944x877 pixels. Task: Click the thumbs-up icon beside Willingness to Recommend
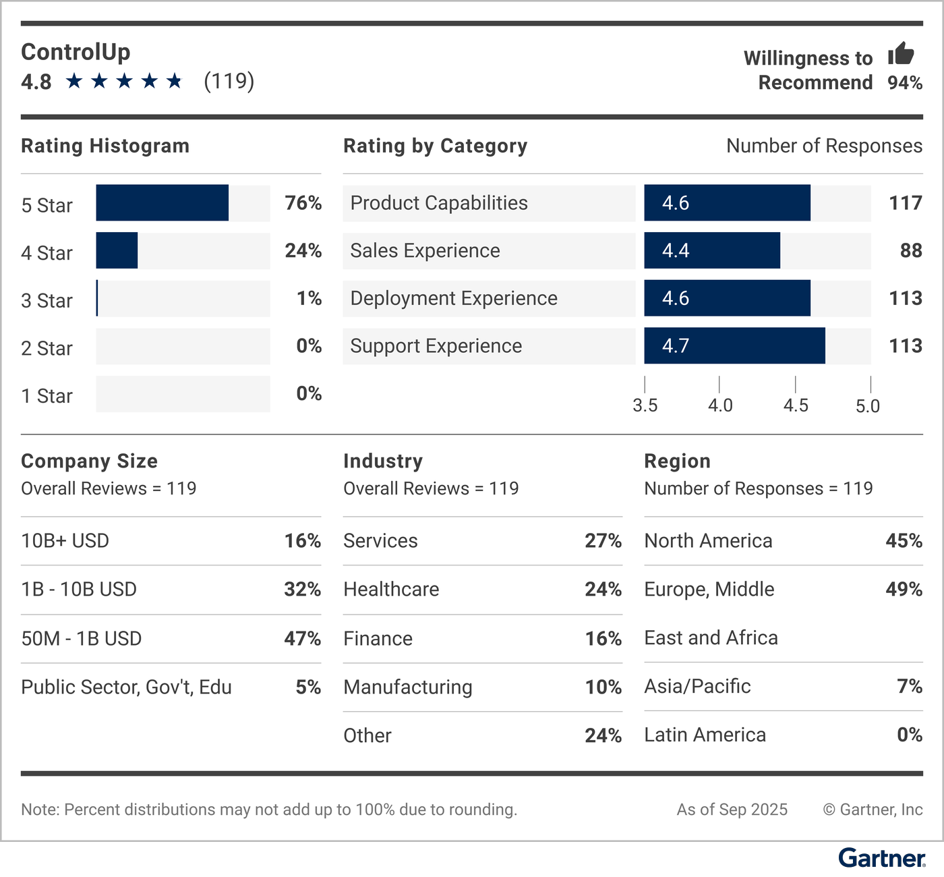901,53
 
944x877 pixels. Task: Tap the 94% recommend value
905,83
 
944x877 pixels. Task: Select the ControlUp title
76,52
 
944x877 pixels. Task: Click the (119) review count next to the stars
229,81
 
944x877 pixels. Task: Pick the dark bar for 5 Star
162,203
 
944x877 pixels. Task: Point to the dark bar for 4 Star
117,251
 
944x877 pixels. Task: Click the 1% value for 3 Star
309,298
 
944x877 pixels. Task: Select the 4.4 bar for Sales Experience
711,251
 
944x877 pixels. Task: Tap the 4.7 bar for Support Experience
734,346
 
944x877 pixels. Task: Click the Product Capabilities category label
439,203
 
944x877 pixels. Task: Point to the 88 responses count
911,251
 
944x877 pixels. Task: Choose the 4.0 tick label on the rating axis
719,405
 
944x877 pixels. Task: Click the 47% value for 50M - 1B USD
302,638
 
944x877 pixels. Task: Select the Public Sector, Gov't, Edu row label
126,687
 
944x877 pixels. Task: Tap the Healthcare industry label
391,590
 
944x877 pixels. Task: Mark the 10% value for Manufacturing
603,687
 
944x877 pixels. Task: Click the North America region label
708,541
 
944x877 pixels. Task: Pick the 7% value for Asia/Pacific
909,686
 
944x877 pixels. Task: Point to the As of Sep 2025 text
732,810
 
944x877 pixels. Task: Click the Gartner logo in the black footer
881,858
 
